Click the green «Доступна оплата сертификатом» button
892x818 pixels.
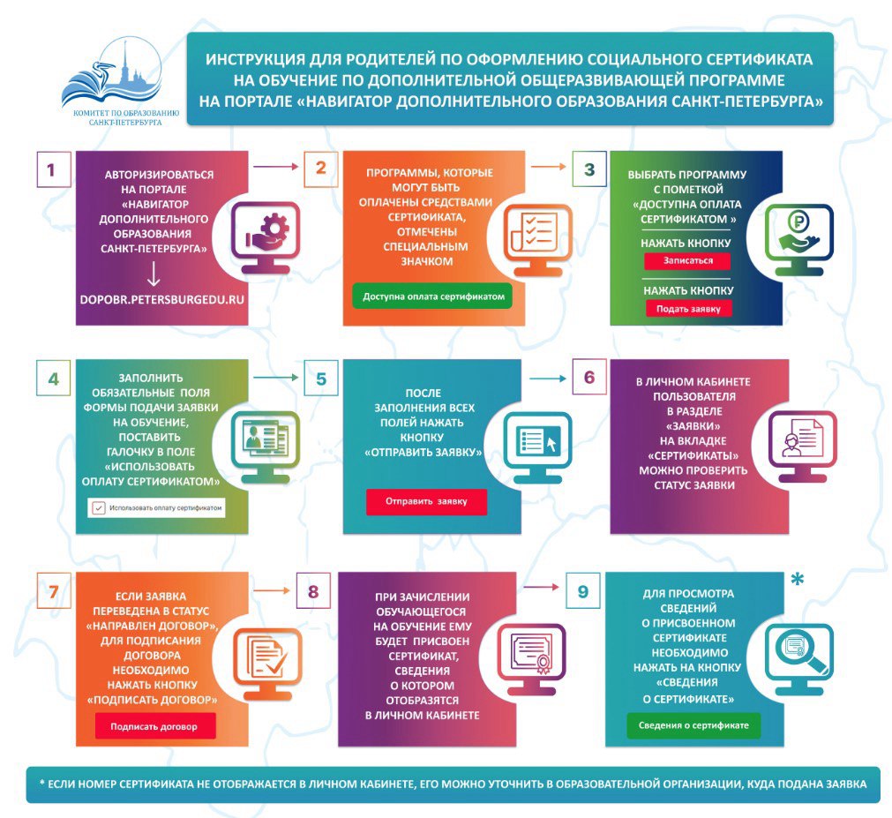pos(432,297)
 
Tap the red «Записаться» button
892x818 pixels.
pos(688,261)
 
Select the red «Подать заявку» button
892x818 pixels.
pos(688,309)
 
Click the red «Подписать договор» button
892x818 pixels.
pos(155,728)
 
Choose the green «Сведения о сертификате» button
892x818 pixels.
pos(693,724)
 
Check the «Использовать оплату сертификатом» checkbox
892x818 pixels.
pos(99,508)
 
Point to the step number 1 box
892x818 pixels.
pos(52,169)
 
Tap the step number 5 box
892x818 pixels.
pos(321,379)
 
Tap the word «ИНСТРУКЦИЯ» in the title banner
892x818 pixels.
pos(256,60)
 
